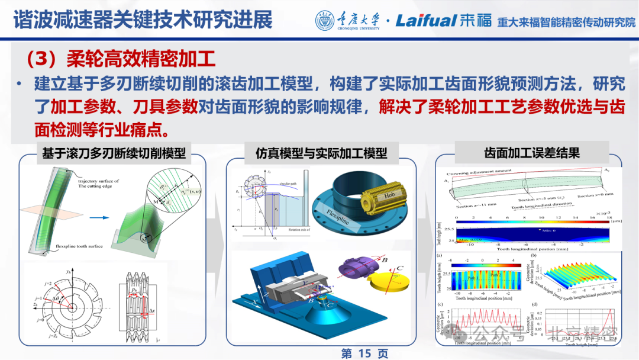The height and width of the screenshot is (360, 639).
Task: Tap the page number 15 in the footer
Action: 364,353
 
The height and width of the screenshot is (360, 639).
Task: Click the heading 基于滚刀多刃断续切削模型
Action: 112,153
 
